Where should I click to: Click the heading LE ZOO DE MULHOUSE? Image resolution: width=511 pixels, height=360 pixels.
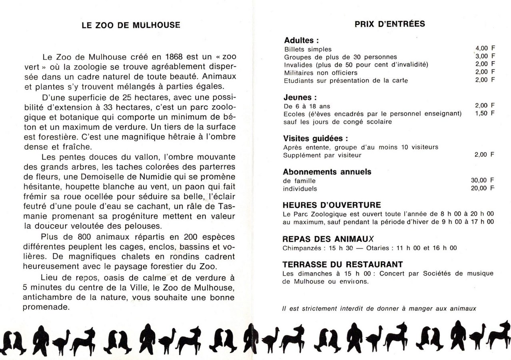[x=131, y=25]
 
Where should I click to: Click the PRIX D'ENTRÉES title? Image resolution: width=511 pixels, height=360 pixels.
[x=389, y=24]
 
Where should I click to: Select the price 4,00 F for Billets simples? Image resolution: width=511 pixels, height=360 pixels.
[x=485, y=49]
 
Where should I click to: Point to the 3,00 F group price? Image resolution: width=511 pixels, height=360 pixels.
[x=485, y=56]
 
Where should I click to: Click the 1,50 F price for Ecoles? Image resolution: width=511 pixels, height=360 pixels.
[x=485, y=113]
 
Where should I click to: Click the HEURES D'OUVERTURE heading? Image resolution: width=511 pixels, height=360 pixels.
[x=331, y=205]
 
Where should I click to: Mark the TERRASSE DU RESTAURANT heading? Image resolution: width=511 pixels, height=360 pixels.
[x=342, y=264]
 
